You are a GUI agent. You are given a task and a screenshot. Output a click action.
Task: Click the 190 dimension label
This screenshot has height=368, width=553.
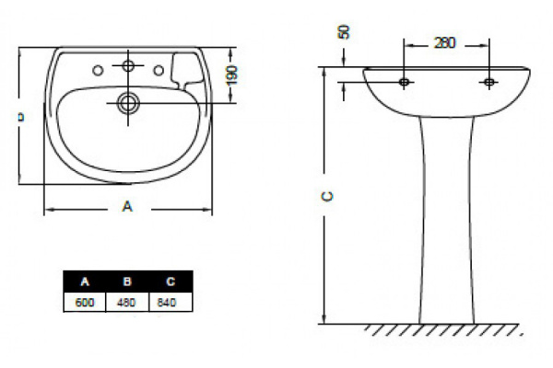coord(231,75)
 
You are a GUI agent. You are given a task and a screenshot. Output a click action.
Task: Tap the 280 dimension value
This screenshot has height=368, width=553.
coord(445,43)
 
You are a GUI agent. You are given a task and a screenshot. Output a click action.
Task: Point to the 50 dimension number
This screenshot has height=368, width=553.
coord(344,31)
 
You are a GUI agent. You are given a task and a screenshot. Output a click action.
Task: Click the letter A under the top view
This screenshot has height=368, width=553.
coord(127,206)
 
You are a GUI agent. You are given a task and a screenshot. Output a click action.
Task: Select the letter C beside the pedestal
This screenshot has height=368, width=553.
coord(327,196)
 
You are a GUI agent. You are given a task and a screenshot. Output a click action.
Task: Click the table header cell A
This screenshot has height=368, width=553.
coord(85,282)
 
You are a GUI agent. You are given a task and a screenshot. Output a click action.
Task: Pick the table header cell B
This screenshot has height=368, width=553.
coord(127,282)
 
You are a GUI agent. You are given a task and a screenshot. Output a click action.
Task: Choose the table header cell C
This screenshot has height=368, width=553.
coord(171,282)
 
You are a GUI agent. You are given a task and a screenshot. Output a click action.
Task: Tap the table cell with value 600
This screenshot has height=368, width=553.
coord(85,302)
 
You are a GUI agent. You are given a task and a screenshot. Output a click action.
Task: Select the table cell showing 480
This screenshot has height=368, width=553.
coord(127,302)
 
